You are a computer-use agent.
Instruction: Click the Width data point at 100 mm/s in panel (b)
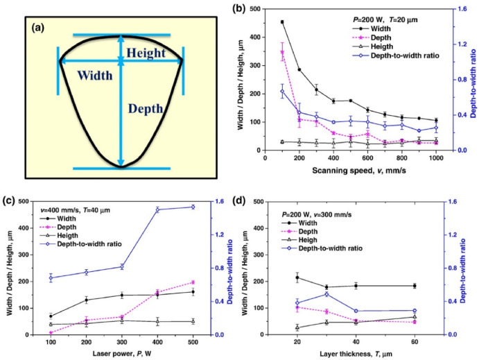(x=282, y=22)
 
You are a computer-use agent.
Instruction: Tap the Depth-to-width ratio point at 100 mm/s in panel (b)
(x=282, y=92)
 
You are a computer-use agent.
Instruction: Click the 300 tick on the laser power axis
(x=121, y=343)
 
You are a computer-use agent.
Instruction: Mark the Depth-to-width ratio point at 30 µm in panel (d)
(x=326, y=294)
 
